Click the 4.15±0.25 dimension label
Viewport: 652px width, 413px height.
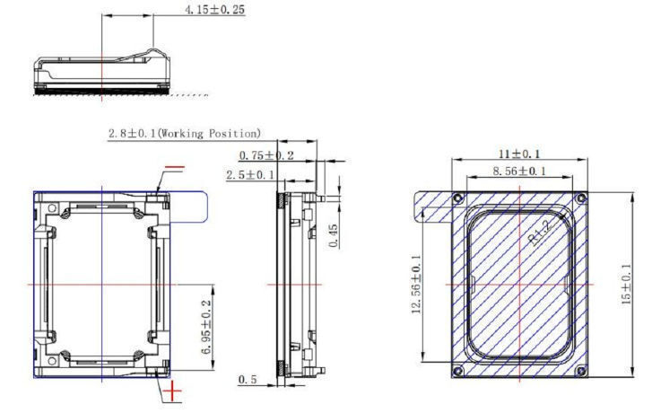(x=215, y=10)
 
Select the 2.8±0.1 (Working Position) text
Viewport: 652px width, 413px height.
(x=185, y=133)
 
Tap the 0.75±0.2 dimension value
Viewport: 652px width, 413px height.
(x=266, y=155)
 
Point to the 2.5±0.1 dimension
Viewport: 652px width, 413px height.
(x=250, y=174)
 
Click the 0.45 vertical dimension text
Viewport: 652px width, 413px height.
(x=334, y=236)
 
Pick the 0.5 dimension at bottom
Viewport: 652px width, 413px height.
(x=248, y=380)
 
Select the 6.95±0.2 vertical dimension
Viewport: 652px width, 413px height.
(x=206, y=327)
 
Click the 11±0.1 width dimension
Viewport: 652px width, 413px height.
(x=519, y=154)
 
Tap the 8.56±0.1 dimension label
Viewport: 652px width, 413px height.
(x=519, y=171)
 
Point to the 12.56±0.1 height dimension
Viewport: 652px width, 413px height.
(x=417, y=284)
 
